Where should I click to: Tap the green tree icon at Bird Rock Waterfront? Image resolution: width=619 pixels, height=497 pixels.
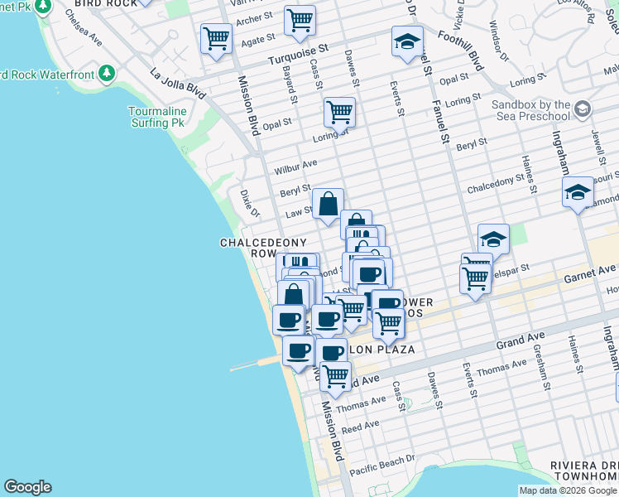tap(107, 75)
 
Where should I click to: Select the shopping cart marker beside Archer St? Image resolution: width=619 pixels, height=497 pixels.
tap(300, 20)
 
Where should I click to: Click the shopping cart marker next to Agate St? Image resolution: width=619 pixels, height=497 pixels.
tap(216, 37)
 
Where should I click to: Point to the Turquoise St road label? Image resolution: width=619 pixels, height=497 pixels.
tap(297, 55)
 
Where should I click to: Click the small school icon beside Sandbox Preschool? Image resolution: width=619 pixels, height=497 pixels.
tap(582, 109)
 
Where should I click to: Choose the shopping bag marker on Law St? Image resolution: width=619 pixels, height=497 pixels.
tap(329, 203)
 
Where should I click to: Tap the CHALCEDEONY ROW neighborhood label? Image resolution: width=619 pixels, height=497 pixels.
tap(257, 248)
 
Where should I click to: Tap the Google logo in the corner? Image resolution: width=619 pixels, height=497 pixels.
tap(27, 487)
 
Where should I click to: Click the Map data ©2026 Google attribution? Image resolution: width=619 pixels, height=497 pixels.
tap(568, 490)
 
